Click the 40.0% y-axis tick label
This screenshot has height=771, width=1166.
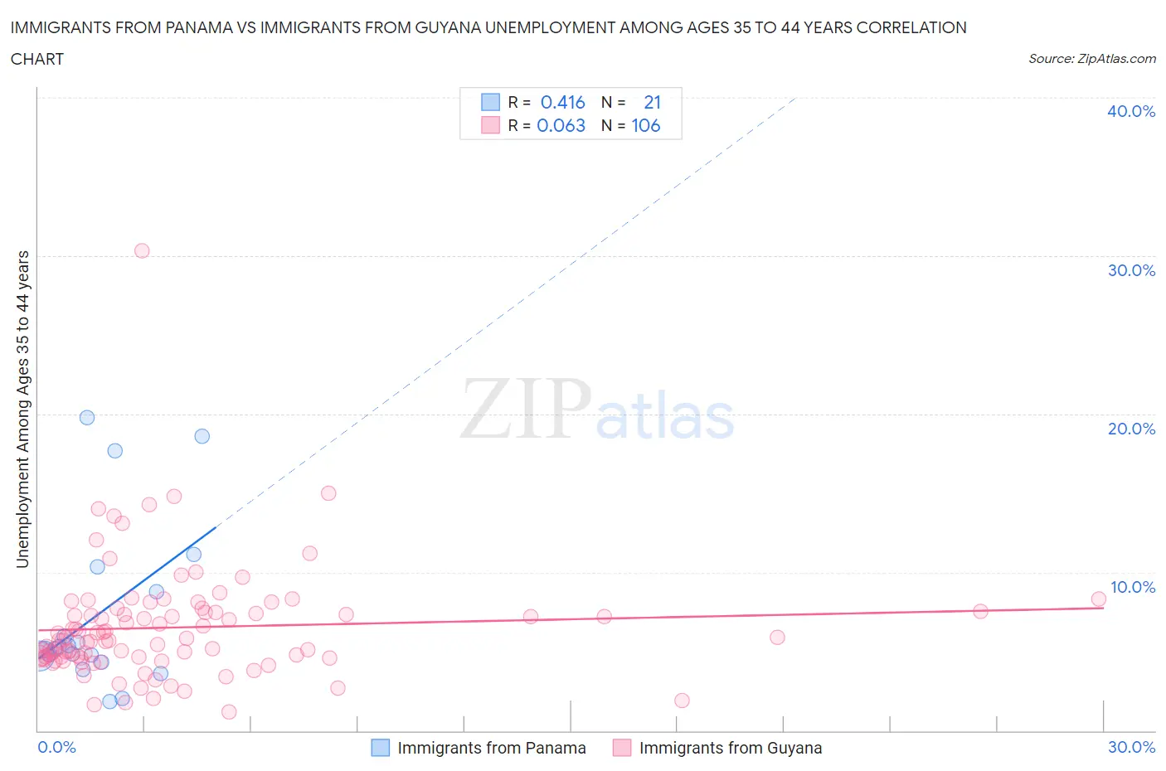click(1130, 111)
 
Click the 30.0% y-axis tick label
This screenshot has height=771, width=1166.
click(1130, 270)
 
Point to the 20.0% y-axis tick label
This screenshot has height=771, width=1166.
click(1130, 429)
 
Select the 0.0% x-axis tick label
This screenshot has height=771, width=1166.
click(56, 747)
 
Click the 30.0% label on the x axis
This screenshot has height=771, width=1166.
click(1131, 747)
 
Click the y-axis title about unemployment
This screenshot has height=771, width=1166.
click(22, 409)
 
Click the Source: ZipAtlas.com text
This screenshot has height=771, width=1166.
click(1091, 58)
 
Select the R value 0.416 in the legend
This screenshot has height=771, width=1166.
click(562, 102)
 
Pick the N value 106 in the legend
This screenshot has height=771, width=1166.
click(645, 125)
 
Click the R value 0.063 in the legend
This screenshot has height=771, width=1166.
click(561, 125)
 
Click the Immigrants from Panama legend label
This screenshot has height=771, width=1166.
click(491, 748)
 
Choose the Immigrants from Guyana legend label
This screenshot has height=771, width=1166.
click(730, 748)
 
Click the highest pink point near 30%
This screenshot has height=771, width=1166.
click(142, 250)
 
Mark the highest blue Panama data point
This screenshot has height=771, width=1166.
click(87, 417)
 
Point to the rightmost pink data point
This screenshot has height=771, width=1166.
click(1098, 599)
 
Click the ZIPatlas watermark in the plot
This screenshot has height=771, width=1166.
click(597, 409)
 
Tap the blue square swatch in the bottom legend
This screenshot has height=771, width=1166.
click(380, 748)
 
